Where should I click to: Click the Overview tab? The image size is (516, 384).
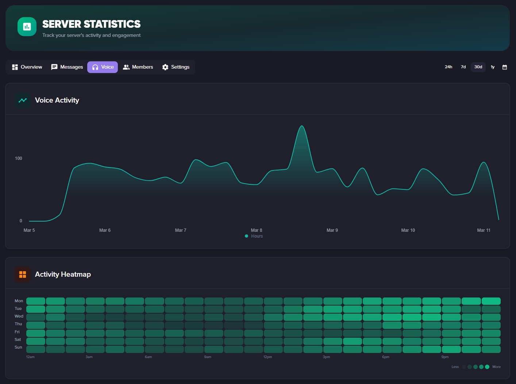click(x=27, y=67)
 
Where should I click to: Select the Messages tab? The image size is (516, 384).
click(x=67, y=67)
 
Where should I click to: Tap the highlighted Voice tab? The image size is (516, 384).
click(x=103, y=67)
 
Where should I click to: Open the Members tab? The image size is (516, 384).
click(x=138, y=67)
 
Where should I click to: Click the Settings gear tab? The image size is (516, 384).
click(x=176, y=67)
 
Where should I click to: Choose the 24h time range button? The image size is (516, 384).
click(x=448, y=67)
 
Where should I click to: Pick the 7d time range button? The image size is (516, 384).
click(x=463, y=67)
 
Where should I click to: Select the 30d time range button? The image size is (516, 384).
click(x=478, y=67)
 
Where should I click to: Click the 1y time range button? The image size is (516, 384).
click(x=493, y=67)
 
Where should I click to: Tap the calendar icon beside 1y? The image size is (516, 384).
click(x=505, y=67)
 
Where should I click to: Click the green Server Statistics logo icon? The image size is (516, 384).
click(x=27, y=27)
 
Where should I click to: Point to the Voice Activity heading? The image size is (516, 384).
click(x=57, y=100)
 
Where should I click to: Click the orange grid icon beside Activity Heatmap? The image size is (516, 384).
click(x=23, y=274)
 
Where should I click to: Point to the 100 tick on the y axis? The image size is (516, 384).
click(x=19, y=158)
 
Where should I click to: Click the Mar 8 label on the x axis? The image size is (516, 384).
click(x=257, y=230)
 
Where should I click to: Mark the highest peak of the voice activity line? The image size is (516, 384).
click(x=302, y=126)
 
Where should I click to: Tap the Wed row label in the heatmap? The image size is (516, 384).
click(x=19, y=316)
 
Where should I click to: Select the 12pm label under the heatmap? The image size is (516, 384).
click(x=267, y=357)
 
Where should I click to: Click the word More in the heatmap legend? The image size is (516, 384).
click(x=496, y=367)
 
